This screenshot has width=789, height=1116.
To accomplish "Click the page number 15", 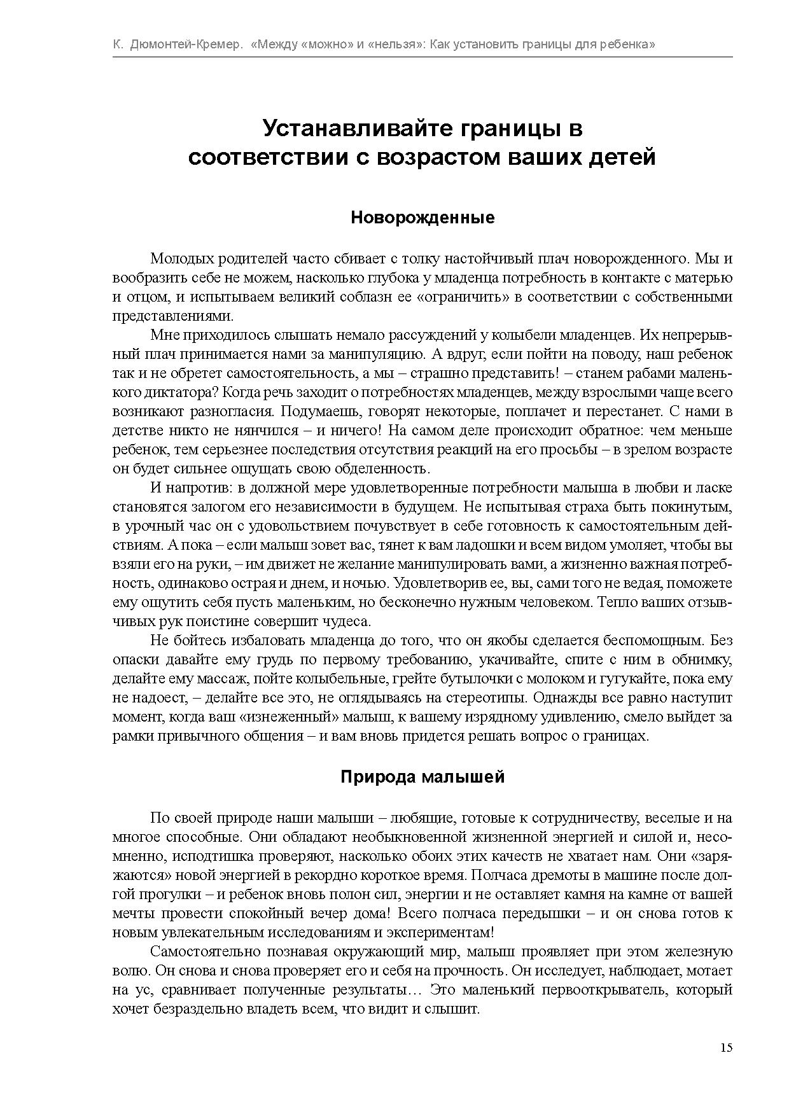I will tap(726, 1048).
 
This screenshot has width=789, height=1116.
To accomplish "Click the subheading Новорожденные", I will tap(422, 218).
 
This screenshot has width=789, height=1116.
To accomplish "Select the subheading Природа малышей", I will tap(422, 777).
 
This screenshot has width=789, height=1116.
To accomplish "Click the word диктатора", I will tap(167, 393).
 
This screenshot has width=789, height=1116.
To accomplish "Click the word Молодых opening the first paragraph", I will tap(182, 259).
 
